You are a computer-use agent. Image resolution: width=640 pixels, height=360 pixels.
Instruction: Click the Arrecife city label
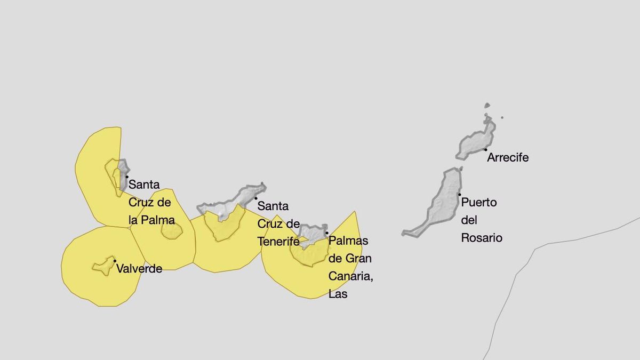click(x=508, y=157)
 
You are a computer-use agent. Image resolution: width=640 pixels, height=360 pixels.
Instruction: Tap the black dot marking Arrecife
click(x=485, y=150)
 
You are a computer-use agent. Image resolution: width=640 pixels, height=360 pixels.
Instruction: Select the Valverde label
click(x=139, y=269)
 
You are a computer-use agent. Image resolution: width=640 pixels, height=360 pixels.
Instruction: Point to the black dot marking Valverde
click(x=115, y=261)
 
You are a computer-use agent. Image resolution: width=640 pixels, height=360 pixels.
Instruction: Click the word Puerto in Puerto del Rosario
click(x=479, y=203)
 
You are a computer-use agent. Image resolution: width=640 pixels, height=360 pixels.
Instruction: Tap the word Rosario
click(x=482, y=238)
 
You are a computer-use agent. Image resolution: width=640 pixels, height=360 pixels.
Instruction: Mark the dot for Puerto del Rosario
click(x=459, y=195)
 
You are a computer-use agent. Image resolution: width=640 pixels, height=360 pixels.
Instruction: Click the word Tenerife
click(x=278, y=241)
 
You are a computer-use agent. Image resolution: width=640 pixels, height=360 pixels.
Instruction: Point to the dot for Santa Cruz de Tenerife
click(x=255, y=198)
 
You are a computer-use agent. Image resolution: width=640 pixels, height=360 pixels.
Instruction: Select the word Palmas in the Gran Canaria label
click(x=348, y=241)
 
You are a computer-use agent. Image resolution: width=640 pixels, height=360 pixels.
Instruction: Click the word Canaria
click(x=350, y=276)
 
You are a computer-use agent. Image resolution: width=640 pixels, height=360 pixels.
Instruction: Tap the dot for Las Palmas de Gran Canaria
click(x=326, y=233)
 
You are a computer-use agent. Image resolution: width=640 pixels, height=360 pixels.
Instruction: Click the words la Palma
click(x=151, y=220)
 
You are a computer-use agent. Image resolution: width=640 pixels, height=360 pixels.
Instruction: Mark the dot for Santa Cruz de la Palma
click(x=127, y=177)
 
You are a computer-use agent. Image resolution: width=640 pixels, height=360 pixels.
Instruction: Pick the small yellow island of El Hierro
click(x=103, y=266)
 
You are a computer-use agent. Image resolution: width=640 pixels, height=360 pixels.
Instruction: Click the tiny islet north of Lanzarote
click(x=487, y=106)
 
